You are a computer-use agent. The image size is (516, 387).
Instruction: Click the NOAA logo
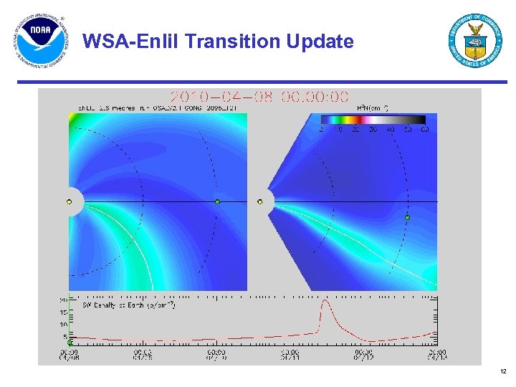pos(40,41)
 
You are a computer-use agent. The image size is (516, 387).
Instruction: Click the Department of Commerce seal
pos(475,41)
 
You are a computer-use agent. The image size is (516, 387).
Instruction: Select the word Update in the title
pos(320,42)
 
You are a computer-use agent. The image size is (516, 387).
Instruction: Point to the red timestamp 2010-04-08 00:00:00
pos(259,97)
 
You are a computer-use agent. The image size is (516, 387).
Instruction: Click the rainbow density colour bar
pos(373,120)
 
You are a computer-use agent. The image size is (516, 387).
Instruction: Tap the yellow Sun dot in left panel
pos(70,202)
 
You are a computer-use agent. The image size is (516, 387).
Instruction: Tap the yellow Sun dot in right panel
pos(260,202)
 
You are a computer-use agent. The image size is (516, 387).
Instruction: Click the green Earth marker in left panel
pos(217,202)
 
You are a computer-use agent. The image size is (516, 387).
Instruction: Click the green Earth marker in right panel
pos(407,217)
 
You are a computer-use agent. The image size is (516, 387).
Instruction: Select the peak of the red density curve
pos(325,301)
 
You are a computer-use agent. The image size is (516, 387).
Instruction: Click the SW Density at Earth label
pos(128,306)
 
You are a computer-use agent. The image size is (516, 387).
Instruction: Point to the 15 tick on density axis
pos(64,312)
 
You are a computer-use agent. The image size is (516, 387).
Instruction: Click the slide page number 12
pos(502,371)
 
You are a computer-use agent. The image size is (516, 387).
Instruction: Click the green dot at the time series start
pos(70,343)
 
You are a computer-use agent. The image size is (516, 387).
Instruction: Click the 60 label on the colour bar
pos(424,130)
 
